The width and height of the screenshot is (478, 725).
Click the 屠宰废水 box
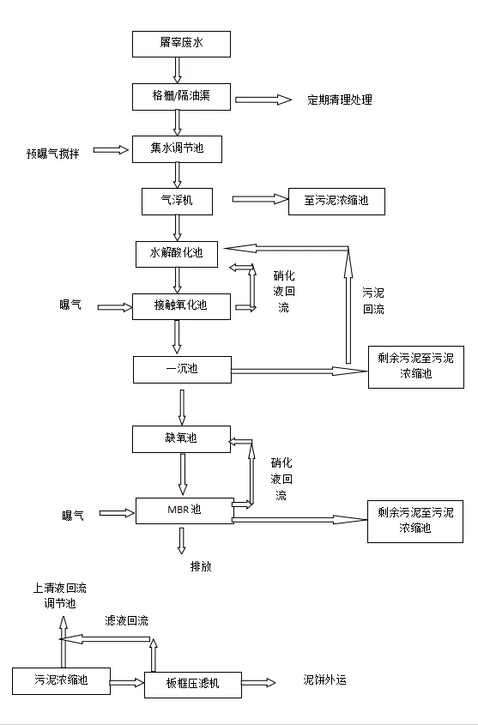(x=181, y=44)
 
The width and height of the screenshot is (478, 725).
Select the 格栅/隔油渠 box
(x=181, y=97)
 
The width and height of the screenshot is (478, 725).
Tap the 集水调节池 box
(x=177, y=149)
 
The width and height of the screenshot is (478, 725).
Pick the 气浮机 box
(x=177, y=201)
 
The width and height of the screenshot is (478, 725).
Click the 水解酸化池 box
(x=177, y=254)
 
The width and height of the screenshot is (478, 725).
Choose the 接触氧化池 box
(x=181, y=306)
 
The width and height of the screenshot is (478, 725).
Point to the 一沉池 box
(x=182, y=370)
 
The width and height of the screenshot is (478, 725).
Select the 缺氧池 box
(x=181, y=438)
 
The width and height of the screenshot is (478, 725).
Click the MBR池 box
(x=185, y=511)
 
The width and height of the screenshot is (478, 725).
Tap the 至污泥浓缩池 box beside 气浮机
(x=336, y=201)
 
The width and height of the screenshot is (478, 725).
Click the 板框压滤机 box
(x=193, y=685)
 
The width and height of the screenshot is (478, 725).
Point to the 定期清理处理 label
(x=340, y=100)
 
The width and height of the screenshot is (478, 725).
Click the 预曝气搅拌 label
(x=52, y=154)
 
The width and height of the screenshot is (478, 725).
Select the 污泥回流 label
(x=373, y=301)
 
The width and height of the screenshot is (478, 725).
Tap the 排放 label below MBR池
(x=201, y=566)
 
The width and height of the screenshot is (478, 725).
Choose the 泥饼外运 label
(x=324, y=680)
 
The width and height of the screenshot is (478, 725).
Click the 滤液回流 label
(x=127, y=620)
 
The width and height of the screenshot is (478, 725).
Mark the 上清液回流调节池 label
(x=59, y=595)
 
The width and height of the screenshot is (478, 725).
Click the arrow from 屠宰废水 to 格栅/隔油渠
(x=177, y=70)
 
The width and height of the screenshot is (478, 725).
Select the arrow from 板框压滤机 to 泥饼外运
(x=258, y=682)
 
